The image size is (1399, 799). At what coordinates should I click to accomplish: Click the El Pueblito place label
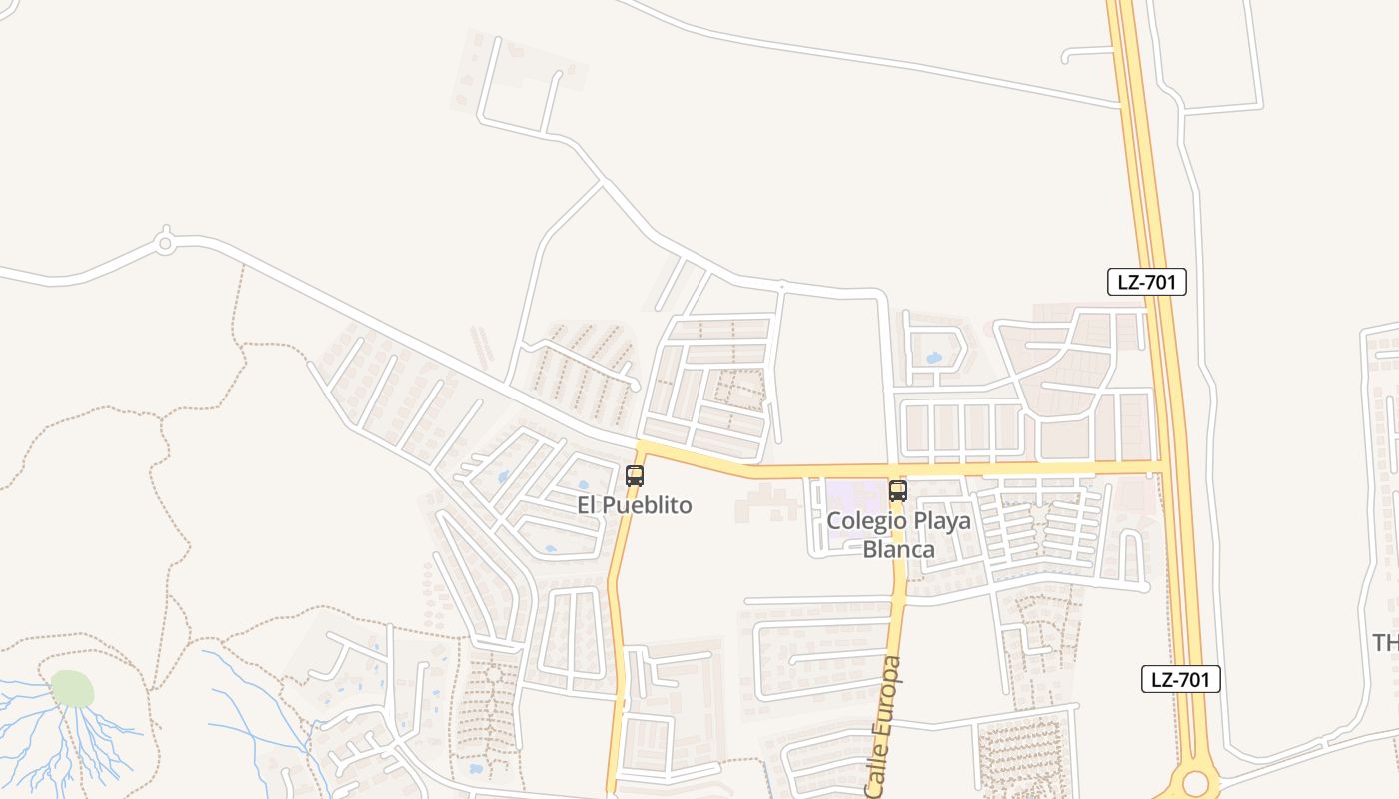(634, 505)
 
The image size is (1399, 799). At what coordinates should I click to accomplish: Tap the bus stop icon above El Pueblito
(635, 476)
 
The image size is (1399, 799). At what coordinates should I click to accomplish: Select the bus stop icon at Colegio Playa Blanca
(898, 490)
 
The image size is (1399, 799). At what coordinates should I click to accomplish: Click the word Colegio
(866, 521)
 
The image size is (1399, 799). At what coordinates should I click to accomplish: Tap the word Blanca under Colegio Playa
(899, 549)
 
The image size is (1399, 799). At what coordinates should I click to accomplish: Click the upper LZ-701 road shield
(1147, 282)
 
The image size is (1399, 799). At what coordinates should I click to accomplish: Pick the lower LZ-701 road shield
(1181, 680)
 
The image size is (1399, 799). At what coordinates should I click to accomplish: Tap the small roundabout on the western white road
(166, 242)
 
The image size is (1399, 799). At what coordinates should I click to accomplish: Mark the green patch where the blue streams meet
(72, 688)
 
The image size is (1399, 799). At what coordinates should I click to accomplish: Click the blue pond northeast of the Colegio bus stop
(934, 357)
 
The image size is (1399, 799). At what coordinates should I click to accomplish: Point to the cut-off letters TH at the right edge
(1385, 642)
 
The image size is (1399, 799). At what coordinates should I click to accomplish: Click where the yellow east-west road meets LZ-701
(1161, 466)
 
